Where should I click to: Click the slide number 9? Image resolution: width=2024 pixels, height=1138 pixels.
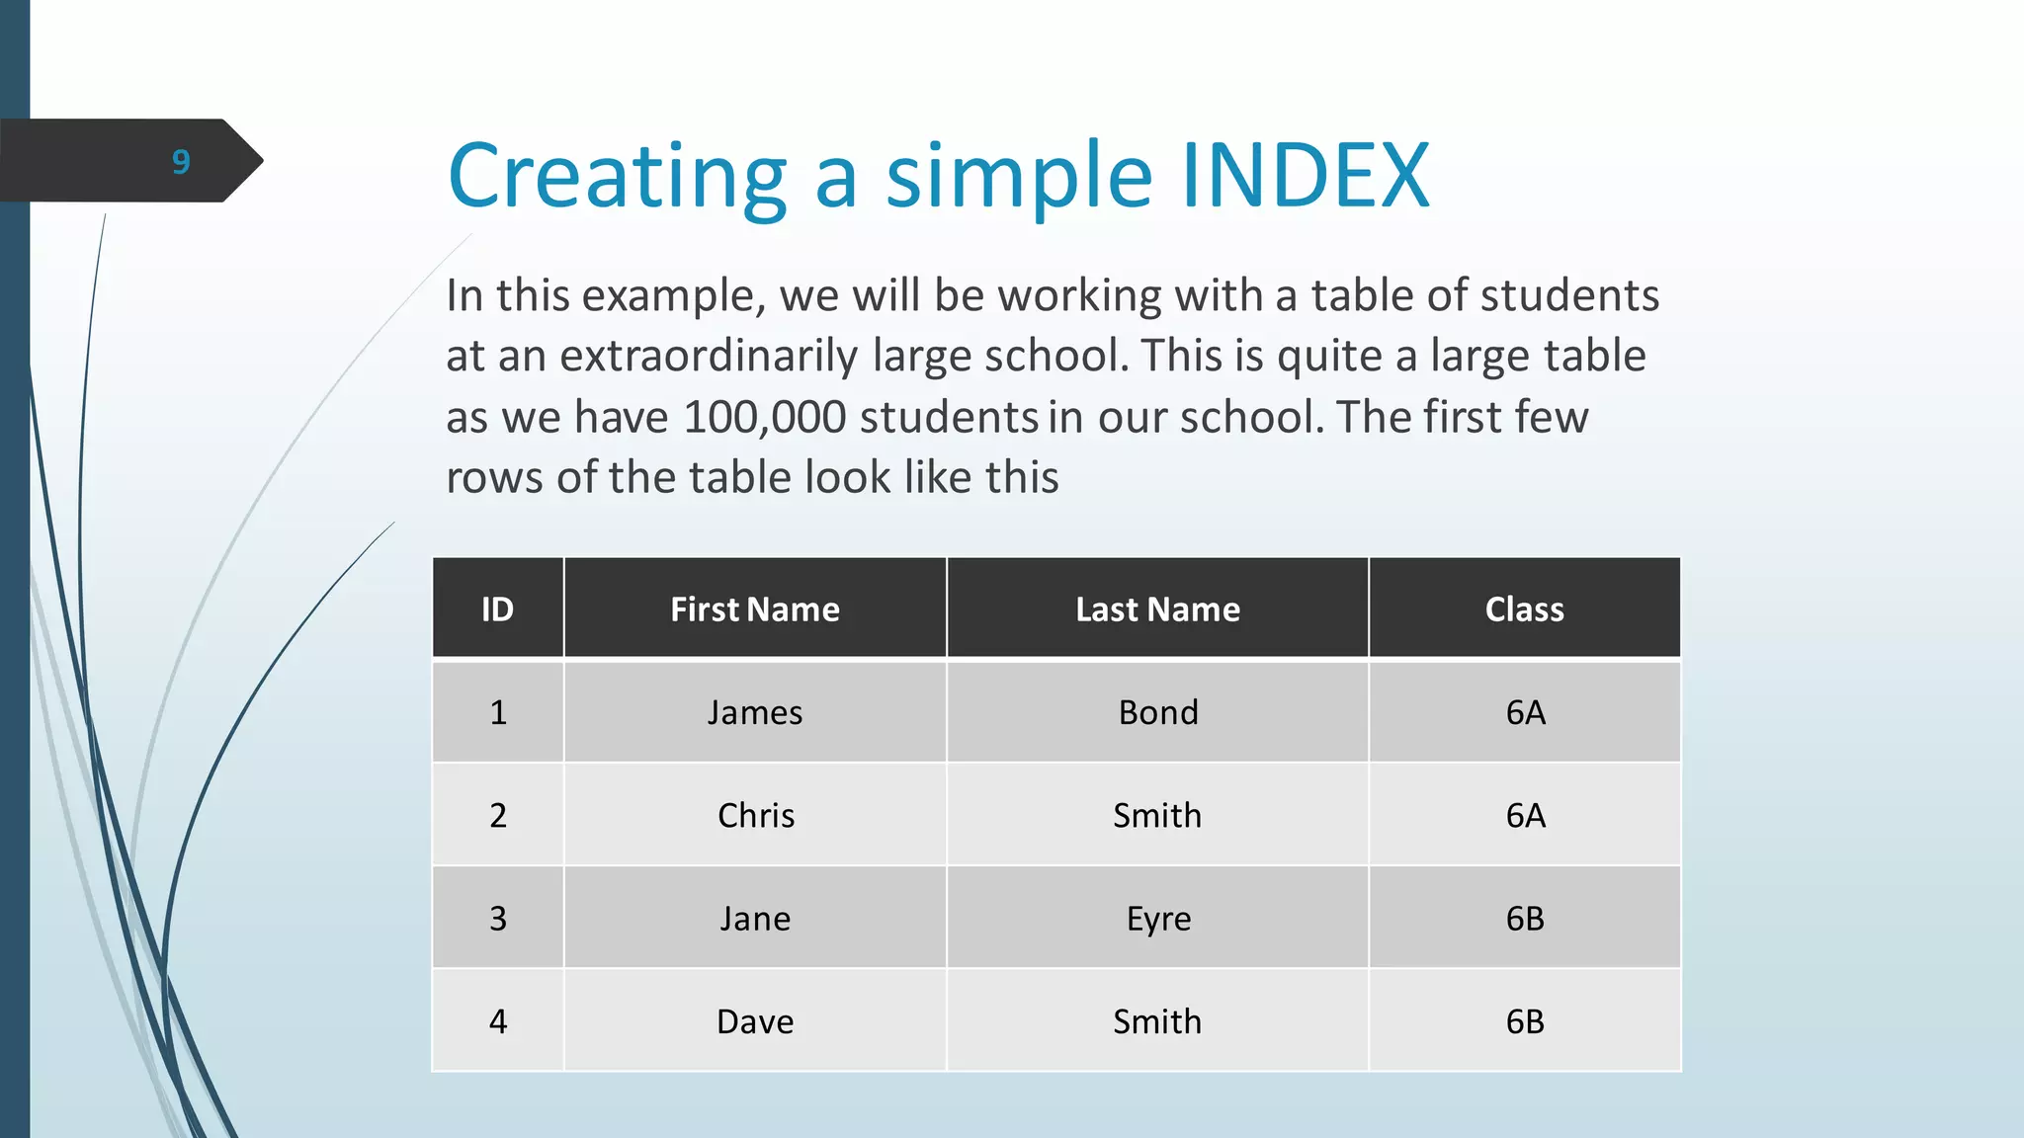click(x=181, y=161)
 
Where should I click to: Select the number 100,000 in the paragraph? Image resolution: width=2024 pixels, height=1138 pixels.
click(x=764, y=417)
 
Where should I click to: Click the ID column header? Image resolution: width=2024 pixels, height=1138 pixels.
click(x=498, y=610)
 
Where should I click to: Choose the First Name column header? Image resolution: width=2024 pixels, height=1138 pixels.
click(x=755, y=610)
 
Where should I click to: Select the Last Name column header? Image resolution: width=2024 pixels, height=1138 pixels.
click(x=1157, y=610)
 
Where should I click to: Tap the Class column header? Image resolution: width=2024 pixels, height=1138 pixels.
click(x=1524, y=610)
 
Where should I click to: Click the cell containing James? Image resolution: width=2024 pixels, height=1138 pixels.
click(x=755, y=712)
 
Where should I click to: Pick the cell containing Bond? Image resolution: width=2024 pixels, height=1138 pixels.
click(x=1158, y=712)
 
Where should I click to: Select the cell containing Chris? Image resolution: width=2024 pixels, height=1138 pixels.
click(x=755, y=815)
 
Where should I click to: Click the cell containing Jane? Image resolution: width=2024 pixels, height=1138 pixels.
click(x=755, y=919)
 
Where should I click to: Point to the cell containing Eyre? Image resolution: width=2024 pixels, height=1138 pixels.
click(x=1158, y=919)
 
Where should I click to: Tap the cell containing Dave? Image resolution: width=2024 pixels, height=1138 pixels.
click(x=755, y=1021)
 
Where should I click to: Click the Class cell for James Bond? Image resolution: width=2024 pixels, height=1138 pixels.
click(x=1525, y=712)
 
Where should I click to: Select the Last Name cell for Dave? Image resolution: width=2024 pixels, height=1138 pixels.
click(x=1157, y=1021)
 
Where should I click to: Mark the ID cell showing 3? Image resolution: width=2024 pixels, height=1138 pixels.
click(x=498, y=919)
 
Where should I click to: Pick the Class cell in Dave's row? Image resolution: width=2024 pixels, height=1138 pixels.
click(x=1525, y=1021)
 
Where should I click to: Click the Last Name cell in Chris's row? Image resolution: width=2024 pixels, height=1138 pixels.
click(x=1157, y=815)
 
